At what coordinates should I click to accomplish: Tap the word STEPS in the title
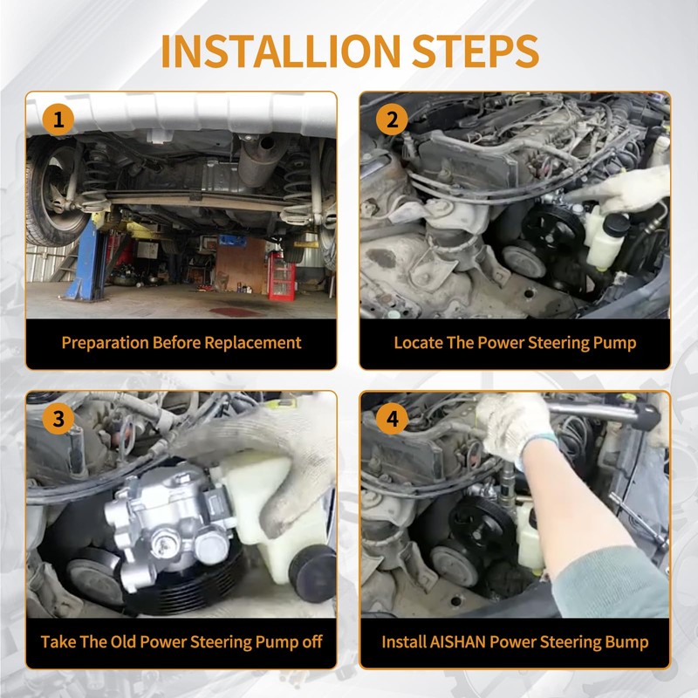pyautogui.click(x=476, y=51)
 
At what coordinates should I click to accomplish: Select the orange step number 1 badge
pyautogui.click(x=58, y=120)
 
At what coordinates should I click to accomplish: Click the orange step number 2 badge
pyautogui.click(x=392, y=120)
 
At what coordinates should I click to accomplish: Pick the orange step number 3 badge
pyautogui.click(x=58, y=419)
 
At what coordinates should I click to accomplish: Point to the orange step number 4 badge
pyautogui.click(x=392, y=419)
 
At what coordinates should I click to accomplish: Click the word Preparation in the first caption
pyautogui.click(x=105, y=343)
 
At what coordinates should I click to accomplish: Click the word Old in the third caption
pyautogui.click(x=123, y=642)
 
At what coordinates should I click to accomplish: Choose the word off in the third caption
pyautogui.click(x=312, y=642)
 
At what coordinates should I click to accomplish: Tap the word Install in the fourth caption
pyautogui.click(x=404, y=642)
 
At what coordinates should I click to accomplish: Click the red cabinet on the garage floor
pyautogui.click(x=281, y=276)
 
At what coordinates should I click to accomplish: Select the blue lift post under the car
pyautogui.click(x=86, y=259)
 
